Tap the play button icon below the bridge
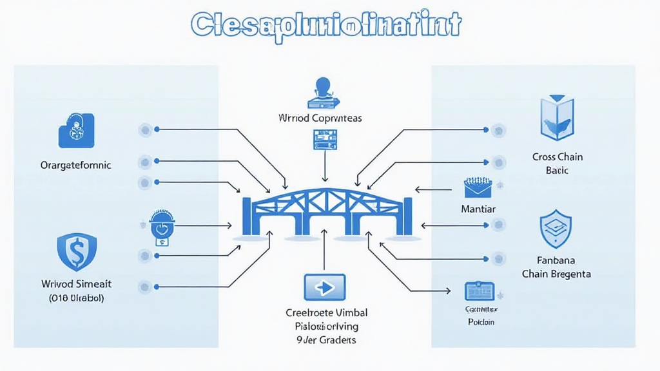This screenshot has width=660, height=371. [324, 287]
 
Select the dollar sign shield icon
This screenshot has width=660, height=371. [77, 252]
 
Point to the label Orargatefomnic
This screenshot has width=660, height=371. [75, 165]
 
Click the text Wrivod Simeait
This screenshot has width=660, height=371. [75, 284]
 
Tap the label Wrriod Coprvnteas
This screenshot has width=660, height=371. [320, 119]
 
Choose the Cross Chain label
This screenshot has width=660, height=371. [558, 157]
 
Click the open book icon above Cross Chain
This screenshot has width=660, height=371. [557, 118]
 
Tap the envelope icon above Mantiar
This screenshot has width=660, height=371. [478, 187]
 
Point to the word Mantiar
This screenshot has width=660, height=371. [478, 209]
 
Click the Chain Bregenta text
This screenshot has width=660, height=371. [556, 274]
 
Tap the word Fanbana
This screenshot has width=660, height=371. [556, 261]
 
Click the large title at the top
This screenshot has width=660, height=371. [326, 25]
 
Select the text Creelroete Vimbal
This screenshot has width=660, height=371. [326, 312]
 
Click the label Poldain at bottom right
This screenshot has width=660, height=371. [481, 321]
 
